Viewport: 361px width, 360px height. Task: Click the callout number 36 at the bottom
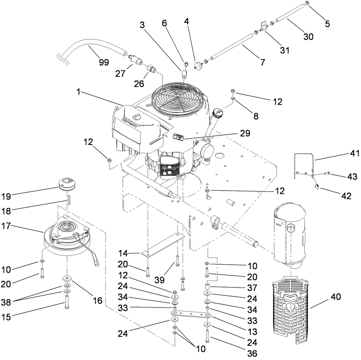(x=252, y=353)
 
